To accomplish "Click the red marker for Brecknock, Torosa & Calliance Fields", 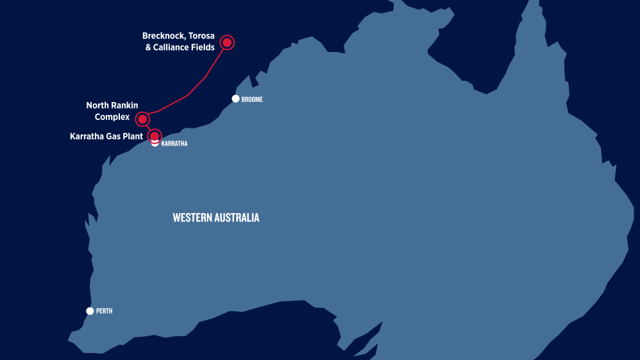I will (227, 42).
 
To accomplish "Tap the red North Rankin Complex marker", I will (143, 119).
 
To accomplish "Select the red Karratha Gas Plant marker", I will (155, 136).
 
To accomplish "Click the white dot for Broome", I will (235, 99).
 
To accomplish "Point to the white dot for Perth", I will (90, 311).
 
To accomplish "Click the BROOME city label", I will (253, 99).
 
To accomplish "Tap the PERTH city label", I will (104, 311).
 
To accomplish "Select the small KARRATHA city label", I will (174, 144).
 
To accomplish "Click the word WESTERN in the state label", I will (192, 218).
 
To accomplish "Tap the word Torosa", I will (201, 36).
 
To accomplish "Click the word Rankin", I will (125, 105).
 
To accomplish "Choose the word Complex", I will (112, 117).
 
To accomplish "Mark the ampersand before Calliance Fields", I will (149, 47).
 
